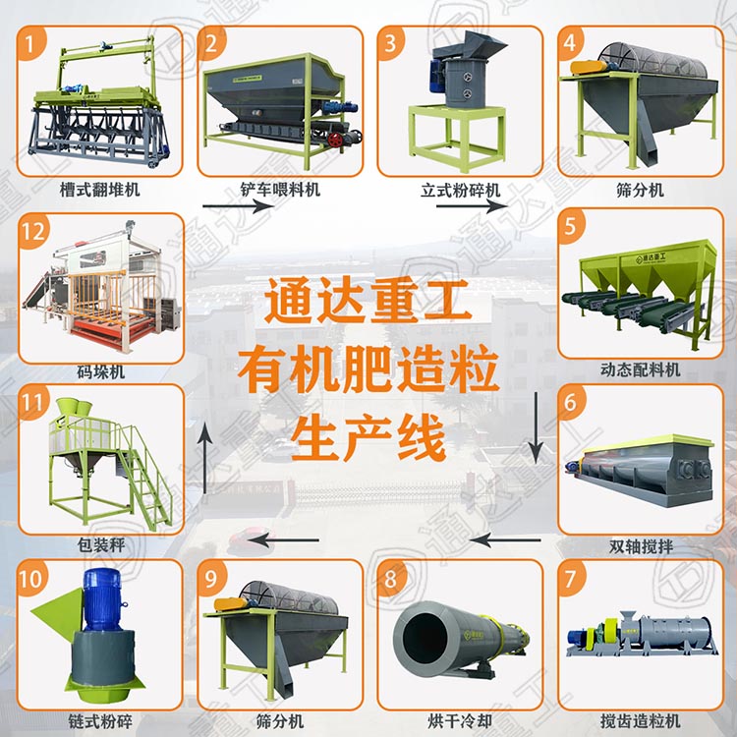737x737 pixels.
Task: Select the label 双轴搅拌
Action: point(641,546)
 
